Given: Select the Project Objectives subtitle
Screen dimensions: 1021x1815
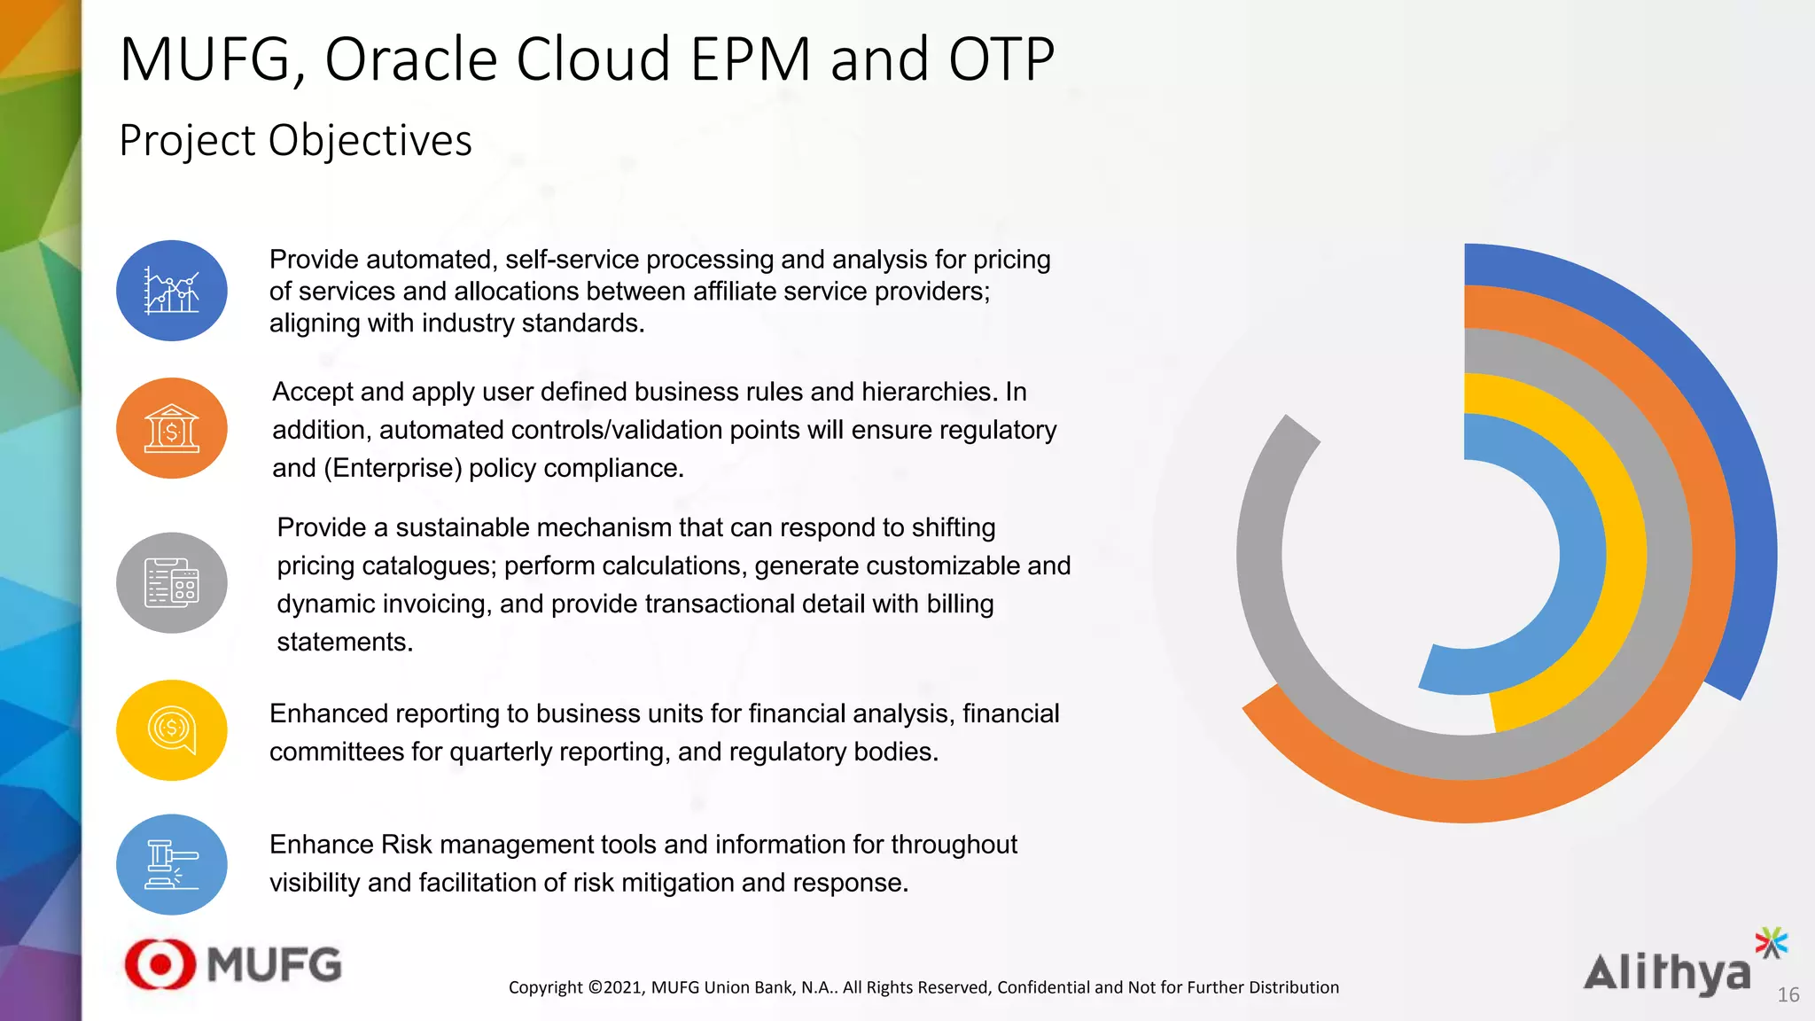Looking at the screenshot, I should [295, 140].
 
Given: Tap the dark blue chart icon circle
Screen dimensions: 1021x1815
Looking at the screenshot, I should [172, 291].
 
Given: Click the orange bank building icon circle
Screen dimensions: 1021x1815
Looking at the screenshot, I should [172, 428].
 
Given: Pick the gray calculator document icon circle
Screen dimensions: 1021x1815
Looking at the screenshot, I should [172, 582].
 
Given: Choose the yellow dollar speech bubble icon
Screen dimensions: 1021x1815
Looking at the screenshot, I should [172, 729].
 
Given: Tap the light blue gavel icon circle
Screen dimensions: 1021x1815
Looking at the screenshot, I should [172, 864].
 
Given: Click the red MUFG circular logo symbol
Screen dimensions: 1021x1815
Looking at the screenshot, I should [160, 963].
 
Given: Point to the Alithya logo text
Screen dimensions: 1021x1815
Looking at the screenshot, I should [1666, 973].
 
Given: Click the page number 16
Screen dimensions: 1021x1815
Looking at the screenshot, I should [1788, 994].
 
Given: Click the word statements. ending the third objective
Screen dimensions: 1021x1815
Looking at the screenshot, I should [345, 642].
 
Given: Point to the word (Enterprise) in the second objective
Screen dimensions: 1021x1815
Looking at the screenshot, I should [392, 468].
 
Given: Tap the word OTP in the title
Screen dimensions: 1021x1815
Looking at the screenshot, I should [1001, 60].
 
